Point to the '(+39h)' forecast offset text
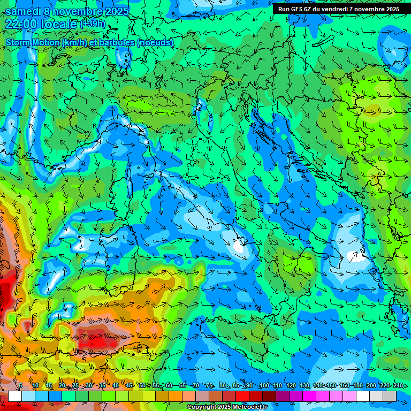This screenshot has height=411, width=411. [x=93, y=24]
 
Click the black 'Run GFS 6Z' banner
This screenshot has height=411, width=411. [x=338, y=9]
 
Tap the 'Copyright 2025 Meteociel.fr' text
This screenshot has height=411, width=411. [x=227, y=407]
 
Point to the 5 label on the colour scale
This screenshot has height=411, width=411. [x=20, y=385]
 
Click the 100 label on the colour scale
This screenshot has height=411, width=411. [x=264, y=385]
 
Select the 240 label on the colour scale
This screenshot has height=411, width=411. [x=398, y=385]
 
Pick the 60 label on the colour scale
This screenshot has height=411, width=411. [x=169, y=385]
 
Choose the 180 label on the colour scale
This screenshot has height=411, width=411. [x=357, y=385]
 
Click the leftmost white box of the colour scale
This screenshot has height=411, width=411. [x=15, y=396]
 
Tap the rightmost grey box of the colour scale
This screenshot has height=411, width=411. [x=390, y=396]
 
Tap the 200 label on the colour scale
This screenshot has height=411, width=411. [x=371, y=385]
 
